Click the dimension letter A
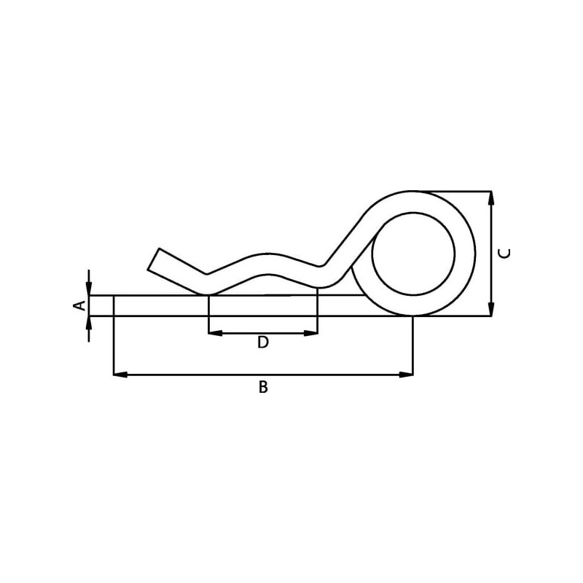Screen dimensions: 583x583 tap(79, 305)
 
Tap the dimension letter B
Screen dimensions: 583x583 tap(263, 387)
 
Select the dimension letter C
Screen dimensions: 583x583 tap(504, 253)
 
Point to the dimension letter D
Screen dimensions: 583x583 tap(263, 342)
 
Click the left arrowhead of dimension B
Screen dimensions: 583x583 tap(120, 375)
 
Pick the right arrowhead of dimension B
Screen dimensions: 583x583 tap(406, 375)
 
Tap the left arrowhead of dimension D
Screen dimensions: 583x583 tap(216, 333)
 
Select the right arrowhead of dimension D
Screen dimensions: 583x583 tap(311, 333)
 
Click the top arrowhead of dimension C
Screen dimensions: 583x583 tap(491, 198)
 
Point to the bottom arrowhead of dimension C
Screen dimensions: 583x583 tap(491, 309)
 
